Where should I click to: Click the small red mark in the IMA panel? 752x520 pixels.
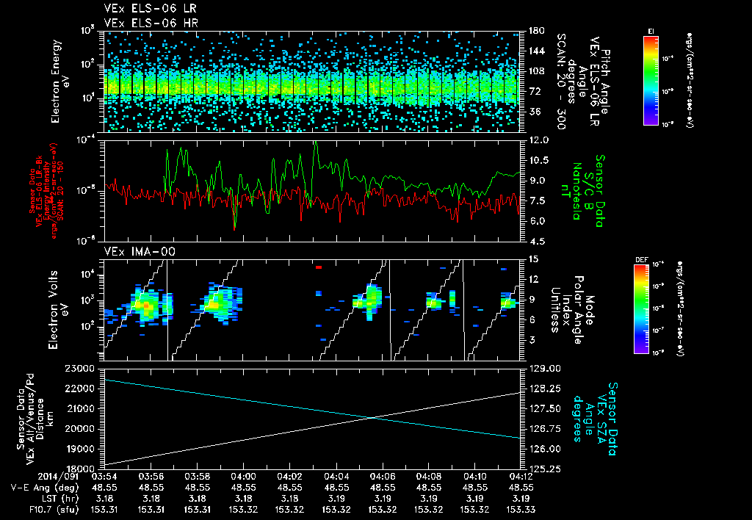click(319, 268)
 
